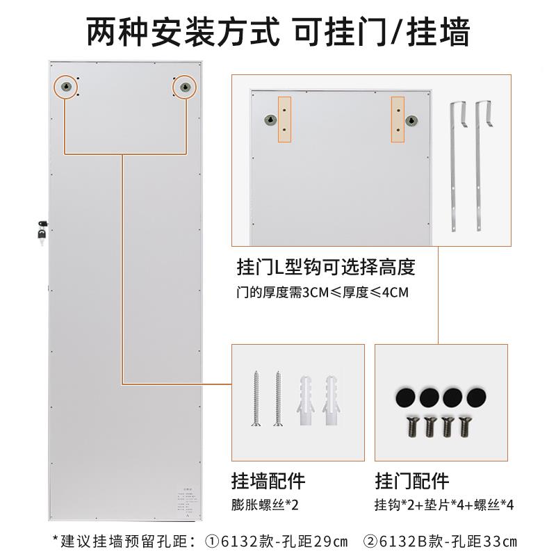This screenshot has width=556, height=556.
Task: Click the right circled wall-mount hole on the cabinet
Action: [185, 86]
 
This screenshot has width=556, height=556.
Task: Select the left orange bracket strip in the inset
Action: [285, 120]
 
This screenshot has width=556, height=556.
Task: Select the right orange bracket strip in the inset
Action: [397, 120]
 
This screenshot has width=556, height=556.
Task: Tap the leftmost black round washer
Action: [404, 396]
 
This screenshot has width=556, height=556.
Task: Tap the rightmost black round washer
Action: [476, 396]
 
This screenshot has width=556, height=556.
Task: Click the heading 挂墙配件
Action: [268, 480]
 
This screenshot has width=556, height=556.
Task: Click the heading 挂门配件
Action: [412, 480]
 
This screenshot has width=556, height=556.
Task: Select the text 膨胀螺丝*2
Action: [264, 505]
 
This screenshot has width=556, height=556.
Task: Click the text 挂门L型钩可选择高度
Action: [326, 268]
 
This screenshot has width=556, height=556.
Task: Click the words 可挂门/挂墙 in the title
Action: [382, 31]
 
